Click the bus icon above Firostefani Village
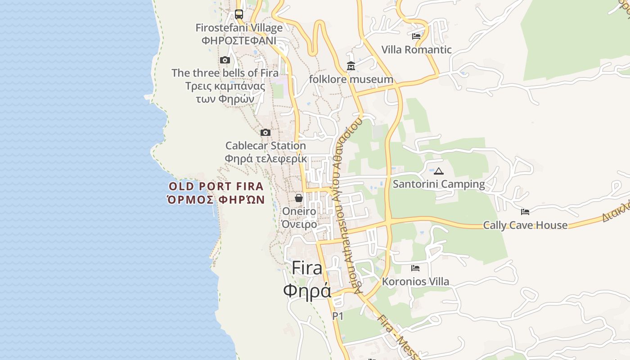click(239, 14)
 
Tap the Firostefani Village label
click(239, 28)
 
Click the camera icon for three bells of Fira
click(225, 60)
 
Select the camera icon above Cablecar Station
click(265, 133)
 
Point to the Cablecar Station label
click(265, 146)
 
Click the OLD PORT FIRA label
click(216, 186)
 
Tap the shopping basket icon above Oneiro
click(299, 198)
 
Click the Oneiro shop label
click(299, 211)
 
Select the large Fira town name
click(307, 268)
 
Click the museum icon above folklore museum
click(351, 67)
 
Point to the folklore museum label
click(351, 80)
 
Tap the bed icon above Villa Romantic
click(416, 36)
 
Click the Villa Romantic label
click(416, 49)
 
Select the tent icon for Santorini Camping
click(439, 171)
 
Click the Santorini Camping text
click(439, 184)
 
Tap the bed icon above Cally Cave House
click(525, 212)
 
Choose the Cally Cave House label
click(525, 225)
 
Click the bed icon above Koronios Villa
click(415, 268)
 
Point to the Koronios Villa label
click(415, 282)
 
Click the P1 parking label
click(338, 316)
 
